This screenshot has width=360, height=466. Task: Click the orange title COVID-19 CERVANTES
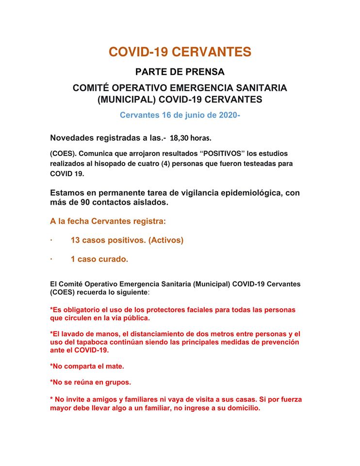tap(180, 52)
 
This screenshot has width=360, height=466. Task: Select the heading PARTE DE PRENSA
tap(180, 72)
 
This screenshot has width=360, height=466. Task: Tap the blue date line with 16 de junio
tap(180, 115)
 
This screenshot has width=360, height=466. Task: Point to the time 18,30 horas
tap(191, 137)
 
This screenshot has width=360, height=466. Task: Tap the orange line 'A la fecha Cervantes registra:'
tap(108, 221)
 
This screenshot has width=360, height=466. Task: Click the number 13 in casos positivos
tap(75, 240)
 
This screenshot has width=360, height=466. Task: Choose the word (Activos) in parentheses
tap(166, 240)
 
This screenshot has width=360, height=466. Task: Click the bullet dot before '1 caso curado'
tap(51, 259)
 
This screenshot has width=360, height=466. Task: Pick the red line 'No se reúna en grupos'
tap(90, 383)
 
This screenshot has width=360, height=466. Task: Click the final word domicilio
tap(243, 408)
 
